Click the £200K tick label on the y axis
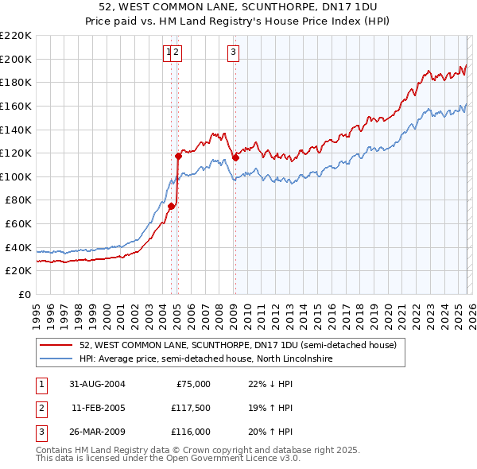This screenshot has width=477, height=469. click(x=15, y=59)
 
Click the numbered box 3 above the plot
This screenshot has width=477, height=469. click(x=234, y=53)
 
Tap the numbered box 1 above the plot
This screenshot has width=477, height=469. click(x=169, y=53)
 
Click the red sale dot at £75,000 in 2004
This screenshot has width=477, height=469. click(x=171, y=206)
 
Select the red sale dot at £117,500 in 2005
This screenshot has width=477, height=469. click(x=177, y=156)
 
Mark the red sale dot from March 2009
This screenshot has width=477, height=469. click(x=235, y=157)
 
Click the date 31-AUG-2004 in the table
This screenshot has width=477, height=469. click(x=98, y=384)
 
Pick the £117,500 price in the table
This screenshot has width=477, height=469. click(x=188, y=408)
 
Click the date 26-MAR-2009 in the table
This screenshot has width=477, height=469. click(x=98, y=432)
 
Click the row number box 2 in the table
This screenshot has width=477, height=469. click(x=41, y=408)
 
